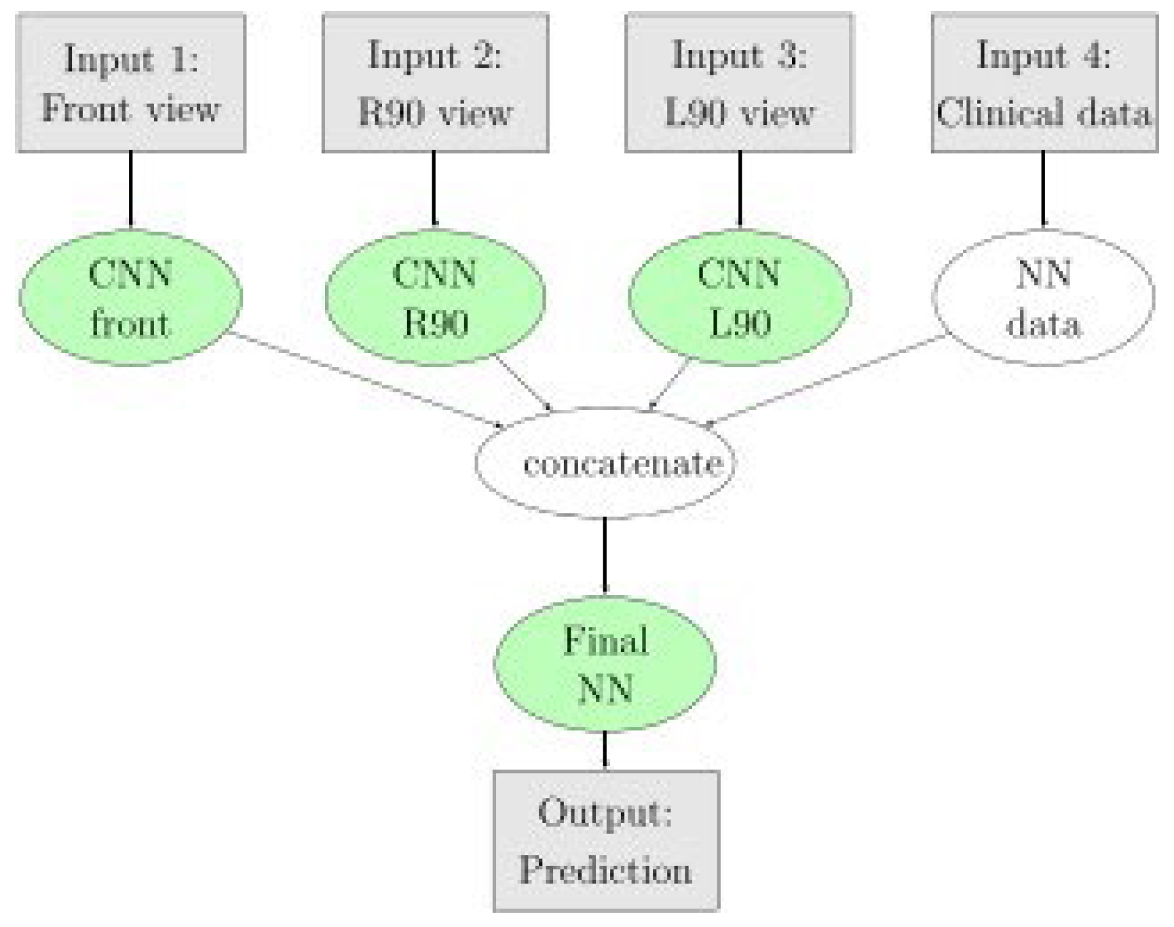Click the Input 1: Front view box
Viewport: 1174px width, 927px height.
pos(131,83)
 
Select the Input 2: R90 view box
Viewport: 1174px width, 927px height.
pos(435,83)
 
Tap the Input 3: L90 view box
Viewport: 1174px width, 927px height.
pos(739,83)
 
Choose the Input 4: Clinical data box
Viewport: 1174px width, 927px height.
pos(1044,83)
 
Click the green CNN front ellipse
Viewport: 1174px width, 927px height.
pos(131,299)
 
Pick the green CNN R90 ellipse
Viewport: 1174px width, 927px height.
pos(435,299)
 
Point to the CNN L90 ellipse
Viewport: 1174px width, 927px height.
pos(739,299)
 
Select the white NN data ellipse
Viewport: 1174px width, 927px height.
pos(1044,299)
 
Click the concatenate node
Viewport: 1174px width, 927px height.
pos(605,463)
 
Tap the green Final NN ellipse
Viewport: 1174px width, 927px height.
pos(605,664)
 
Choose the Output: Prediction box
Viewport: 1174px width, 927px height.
pos(606,840)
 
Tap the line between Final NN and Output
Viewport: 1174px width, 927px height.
pos(605,749)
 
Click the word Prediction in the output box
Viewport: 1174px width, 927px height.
pos(605,869)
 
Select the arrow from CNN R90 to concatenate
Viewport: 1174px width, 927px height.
pos(524,383)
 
